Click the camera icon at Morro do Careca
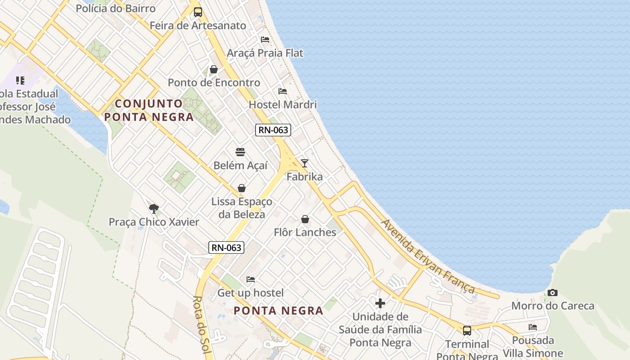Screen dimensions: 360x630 pyautogui.click(x=553, y=293)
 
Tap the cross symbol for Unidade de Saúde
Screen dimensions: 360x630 pyautogui.click(x=380, y=303)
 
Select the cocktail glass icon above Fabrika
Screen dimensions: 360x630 pyautogui.click(x=305, y=163)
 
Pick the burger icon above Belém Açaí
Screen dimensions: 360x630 pyautogui.click(x=240, y=152)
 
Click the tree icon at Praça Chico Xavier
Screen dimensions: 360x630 pyautogui.click(x=154, y=208)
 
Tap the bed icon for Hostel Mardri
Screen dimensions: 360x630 pyautogui.click(x=283, y=91)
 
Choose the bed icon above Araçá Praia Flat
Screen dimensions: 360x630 pyautogui.click(x=265, y=40)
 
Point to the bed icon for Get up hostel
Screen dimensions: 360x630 pyautogui.click(x=251, y=279)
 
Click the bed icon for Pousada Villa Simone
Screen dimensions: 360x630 pyautogui.click(x=533, y=327)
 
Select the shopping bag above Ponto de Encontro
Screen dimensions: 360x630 pyautogui.click(x=214, y=69)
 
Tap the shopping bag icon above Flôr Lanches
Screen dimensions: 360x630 pyautogui.click(x=305, y=219)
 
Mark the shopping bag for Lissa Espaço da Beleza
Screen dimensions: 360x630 pyautogui.click(x=242, y=188)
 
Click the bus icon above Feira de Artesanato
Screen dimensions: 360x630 pyautogui.click(x=198, y=12)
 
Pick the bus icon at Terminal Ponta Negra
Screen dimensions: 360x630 pyautogui.click(x=467, y=331)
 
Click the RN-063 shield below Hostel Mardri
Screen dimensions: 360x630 pyautogui.click(x=273, y=130)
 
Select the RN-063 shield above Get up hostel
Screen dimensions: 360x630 pyautogui.click(x=226, y=247)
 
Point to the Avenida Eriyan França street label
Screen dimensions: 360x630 pyautogui.click(x=427, y=256)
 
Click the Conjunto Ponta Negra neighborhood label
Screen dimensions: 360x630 pyautogui.click(x=149, y=110)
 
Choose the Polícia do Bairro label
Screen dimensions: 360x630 pyautogui.click(x=116, y=8)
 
